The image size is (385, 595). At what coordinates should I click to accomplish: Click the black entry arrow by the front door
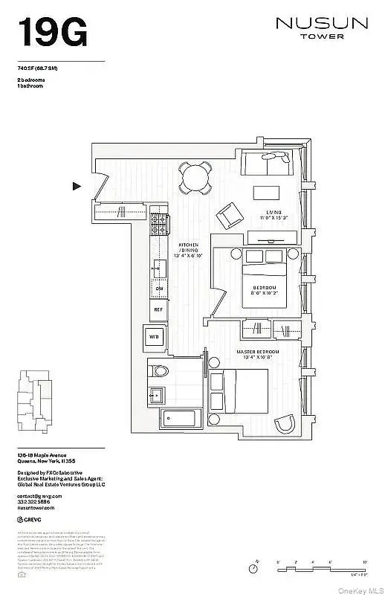point(77,187)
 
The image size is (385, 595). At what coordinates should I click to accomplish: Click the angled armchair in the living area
point(228,217)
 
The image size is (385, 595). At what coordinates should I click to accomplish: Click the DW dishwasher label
point(159,289)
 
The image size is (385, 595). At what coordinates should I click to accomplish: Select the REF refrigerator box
point(159,308)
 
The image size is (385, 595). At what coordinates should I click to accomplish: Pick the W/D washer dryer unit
point(155,336)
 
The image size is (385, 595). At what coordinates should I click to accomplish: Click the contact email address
point(41,495)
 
